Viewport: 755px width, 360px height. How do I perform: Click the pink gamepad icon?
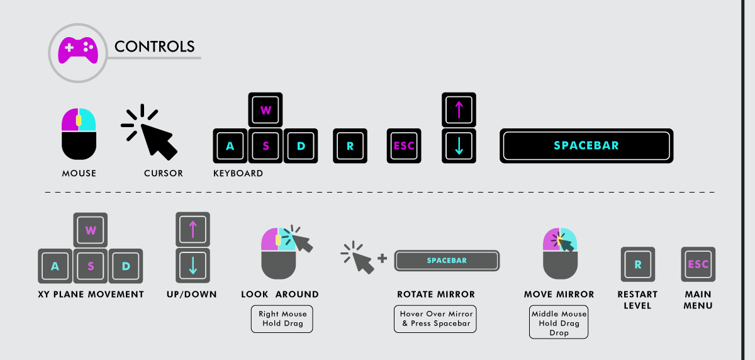click(77, 50)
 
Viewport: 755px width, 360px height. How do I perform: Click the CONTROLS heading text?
click(154, 47)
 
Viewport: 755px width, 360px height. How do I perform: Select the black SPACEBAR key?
click(586, 146)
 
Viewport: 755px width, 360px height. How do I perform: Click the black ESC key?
click(404, 147)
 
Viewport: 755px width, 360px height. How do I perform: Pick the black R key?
click(350, 147)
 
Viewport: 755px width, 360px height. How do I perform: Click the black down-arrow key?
click(459, 146)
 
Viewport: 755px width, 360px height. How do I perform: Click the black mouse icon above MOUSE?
click(79, 133)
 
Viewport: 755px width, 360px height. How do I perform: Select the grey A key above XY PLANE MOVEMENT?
click(55, 266)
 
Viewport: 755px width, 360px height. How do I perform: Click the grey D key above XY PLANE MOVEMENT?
click(126, 266)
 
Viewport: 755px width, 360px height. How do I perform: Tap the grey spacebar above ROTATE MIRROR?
click(447, 261)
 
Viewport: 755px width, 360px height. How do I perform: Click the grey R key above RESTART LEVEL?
click(638, 265)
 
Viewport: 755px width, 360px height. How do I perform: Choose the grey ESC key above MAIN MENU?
click(698, 265)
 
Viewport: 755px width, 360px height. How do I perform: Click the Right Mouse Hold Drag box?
click(282, 318)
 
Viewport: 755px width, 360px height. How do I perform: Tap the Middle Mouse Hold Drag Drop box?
click(559, 323)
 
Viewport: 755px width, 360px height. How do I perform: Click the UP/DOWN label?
click(193, 295)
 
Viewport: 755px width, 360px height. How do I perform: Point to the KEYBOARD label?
click(238, 173)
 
